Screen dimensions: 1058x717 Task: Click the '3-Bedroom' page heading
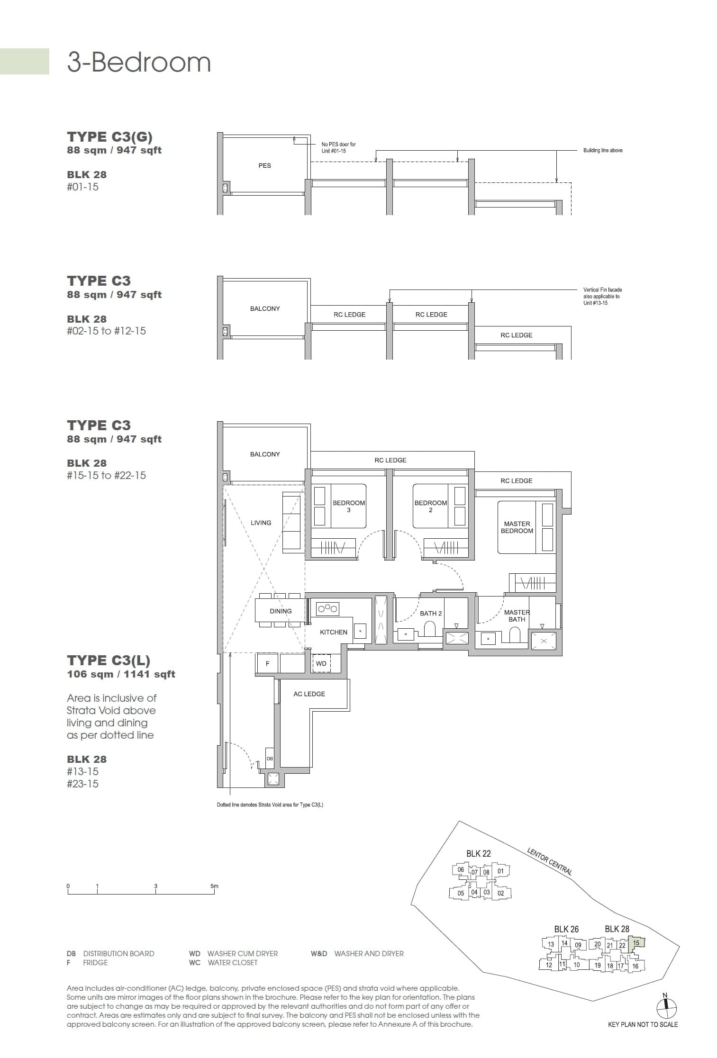(x=139, y=63)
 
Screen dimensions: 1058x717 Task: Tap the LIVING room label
(x=261, y=523)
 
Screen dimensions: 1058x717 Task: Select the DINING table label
(x=281, y=611)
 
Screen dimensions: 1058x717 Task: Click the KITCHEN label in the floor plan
(x=334, y=632)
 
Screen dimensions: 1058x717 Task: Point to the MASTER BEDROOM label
(x=517, y=527)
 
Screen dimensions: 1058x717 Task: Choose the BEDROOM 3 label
(x=349, y=506)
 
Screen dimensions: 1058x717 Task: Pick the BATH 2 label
(x=431, y=614)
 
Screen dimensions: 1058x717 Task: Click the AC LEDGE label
(x=309, y=694)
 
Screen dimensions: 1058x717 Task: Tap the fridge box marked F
(x=267, y=664)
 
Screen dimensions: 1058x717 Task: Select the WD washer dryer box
(x=321, y=664)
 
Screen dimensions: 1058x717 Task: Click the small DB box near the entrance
(x=270, y=759)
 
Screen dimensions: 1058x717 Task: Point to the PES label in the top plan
(x=264, y=165)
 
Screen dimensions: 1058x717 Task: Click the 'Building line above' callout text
(x=602, y=150)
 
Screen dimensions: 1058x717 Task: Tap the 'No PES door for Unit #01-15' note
(x=338, y=147)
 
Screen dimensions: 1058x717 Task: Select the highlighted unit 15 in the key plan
(x=636, y=943)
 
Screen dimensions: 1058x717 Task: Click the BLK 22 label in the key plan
(x=478, y=853)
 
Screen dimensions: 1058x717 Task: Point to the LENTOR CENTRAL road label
(x=549, y=861)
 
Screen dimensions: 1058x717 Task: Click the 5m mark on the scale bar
(x=214, y=886)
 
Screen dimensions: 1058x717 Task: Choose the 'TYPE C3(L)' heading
(x=109, y=660)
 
